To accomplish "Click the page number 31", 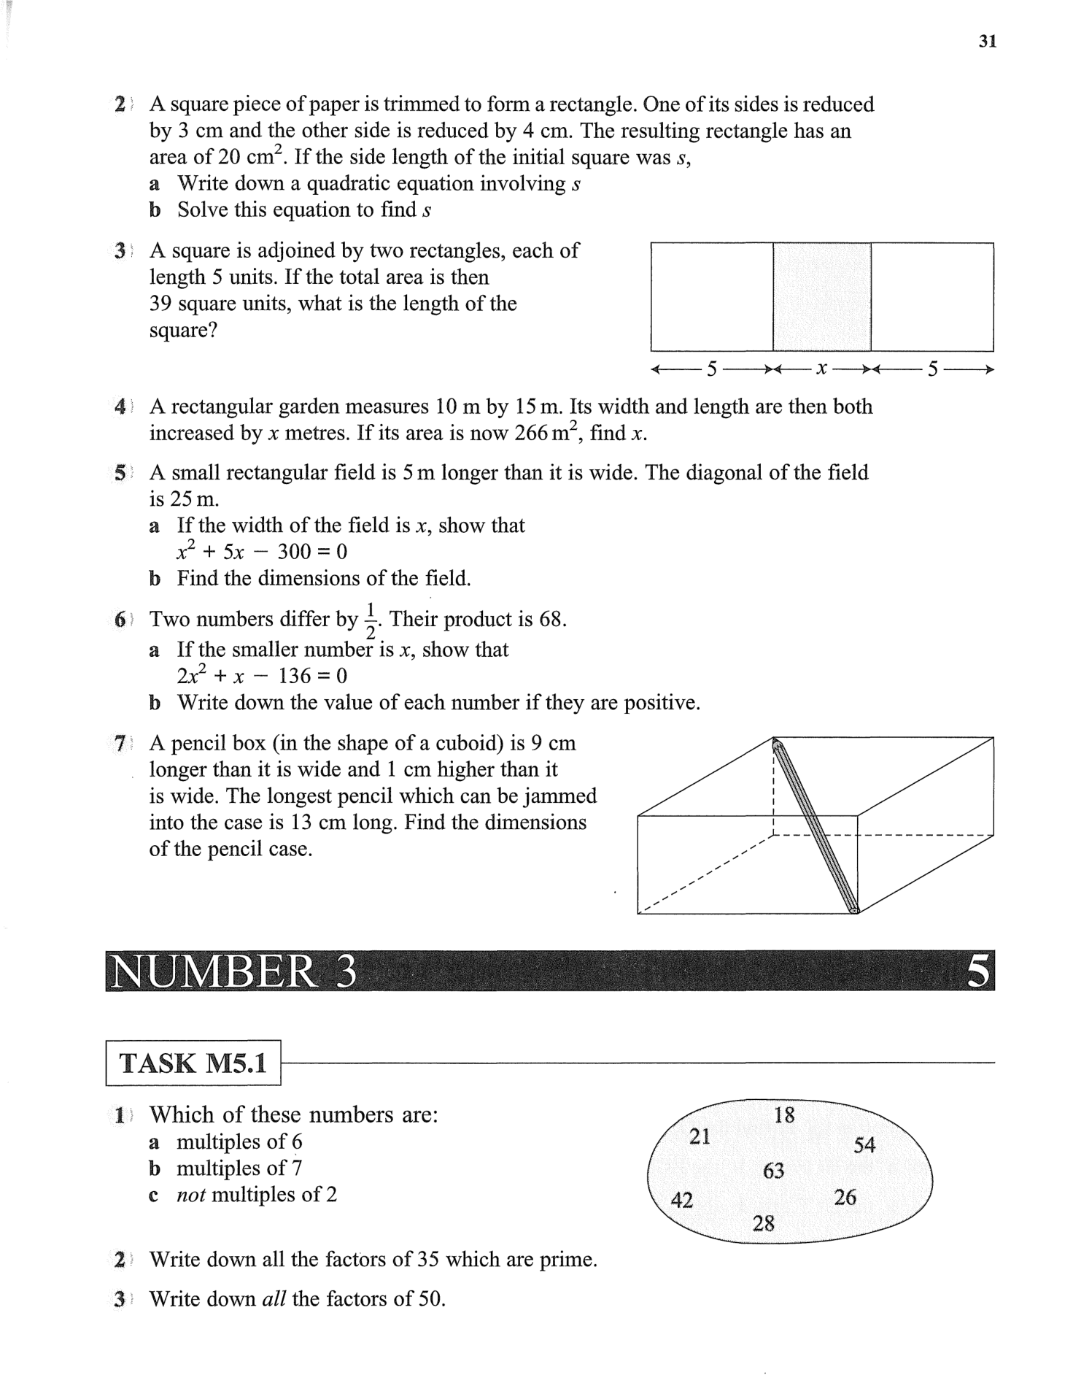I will [x=987, y=42].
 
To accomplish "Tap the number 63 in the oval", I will [x=773, y=1171].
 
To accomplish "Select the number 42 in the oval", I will [x=681, y=1201].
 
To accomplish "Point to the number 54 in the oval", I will [x=864, y=1145].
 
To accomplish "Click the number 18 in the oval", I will [x=784, y=1115].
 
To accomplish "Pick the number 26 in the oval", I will [x=845, y=1198].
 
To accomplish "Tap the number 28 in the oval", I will [x=763, y=1223].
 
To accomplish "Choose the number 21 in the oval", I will [x=700, y=1136].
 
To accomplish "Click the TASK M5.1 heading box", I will [x=193, y=1063].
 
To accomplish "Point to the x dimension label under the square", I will [x=821, y=369].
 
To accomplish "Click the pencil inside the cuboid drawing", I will [x=816, y=826].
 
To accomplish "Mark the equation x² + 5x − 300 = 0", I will [x=262, y=552].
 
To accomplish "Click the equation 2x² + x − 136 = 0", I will [x=262, y=676].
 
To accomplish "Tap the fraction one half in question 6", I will [x=370, y=620].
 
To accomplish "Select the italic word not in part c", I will [x=191, y=1195].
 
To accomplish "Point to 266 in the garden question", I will [x=533, y=434].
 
